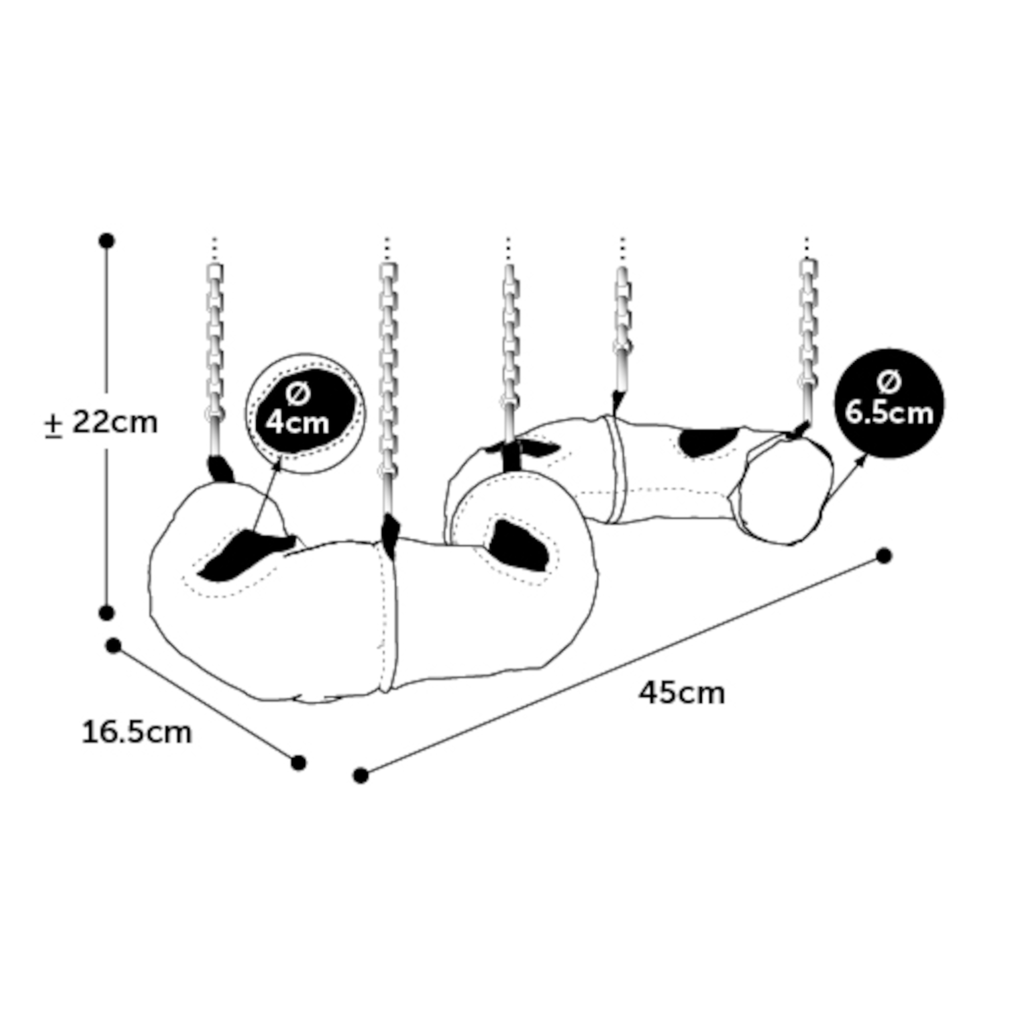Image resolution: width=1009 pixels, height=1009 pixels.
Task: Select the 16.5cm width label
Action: [x=137, y=733]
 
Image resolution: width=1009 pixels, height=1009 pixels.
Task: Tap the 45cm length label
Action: [x=682, y=694]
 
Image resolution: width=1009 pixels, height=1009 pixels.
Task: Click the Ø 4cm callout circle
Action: [x=306, y=413]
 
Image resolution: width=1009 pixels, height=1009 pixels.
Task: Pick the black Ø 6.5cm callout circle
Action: [x=889, y=404]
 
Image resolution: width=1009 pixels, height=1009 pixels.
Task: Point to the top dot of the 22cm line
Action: [x=106, y=241]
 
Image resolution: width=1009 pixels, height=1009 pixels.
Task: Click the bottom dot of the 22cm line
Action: [x=106, y=612]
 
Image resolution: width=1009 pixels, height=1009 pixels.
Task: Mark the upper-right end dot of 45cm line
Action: [x=884, y=556]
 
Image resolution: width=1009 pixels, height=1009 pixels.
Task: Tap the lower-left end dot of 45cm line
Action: [x=360, y=776]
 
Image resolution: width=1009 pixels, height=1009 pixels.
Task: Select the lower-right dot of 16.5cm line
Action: [x=298, y=763]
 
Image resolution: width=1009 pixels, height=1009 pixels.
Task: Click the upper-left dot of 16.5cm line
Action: [x=114, y=646]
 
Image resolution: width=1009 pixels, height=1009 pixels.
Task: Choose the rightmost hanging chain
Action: [x=808, y=340]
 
